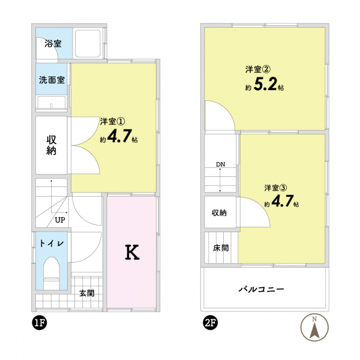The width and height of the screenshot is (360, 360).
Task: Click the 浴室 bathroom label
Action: pos(53,43)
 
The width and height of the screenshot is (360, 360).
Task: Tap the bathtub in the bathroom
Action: pos(88,44)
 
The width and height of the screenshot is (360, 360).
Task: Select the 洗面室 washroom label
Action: pos(52,80)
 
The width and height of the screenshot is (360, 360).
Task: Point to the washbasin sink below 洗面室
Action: pos(52,102)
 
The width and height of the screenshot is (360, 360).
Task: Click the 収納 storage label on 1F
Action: pos(52,145)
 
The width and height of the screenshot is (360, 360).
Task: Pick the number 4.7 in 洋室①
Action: pos(119,136)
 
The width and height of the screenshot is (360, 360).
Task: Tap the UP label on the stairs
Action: pos(60,220)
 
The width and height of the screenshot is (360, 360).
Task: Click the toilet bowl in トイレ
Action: pos(52,273)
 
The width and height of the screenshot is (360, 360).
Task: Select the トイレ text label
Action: pos(52,244)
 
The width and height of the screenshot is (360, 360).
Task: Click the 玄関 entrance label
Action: pos(87,293)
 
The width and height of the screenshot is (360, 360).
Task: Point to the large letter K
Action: pos(132,252)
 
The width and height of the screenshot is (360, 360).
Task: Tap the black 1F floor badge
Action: pos(40,323)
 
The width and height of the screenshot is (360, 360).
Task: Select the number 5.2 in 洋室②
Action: pos(265,84)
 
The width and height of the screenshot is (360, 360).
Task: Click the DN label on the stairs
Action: pos(220,164)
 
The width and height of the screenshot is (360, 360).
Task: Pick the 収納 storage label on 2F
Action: pos(219,213)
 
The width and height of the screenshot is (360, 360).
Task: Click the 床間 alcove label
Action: pos(221,248)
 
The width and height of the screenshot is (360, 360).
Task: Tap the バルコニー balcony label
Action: pos(262,289)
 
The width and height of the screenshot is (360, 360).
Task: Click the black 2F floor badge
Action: pos(211,323)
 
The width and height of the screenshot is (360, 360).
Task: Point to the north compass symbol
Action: pos(314,327)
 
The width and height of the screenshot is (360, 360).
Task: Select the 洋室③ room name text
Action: pos(275,188)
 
